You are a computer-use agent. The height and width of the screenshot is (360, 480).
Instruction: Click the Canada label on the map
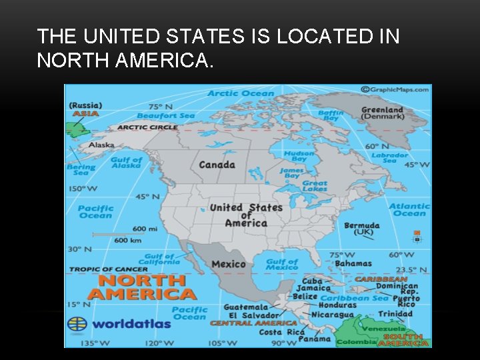point(217,165)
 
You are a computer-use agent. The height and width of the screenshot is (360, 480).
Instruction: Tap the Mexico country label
point(229,264)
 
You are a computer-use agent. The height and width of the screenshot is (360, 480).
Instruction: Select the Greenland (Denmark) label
point(383,113)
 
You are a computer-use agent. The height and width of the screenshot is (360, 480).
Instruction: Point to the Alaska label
point(101,145)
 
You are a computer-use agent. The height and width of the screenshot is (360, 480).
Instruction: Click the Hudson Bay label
point(299,156)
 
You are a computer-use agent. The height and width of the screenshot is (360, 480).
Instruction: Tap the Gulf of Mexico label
point(282,265)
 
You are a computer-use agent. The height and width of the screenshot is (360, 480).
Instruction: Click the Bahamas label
point(353,264)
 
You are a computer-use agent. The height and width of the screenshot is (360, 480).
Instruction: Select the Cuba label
point(312,280)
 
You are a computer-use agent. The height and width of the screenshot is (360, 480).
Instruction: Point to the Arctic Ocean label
point(241,93)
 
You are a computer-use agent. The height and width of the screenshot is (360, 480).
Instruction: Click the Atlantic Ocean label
point(409,210)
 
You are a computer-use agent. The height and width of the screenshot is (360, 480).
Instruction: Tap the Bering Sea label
point(81,170)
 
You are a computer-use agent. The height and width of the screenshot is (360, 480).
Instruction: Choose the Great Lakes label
point(315,187)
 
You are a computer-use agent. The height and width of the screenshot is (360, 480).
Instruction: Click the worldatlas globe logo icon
point(77,324)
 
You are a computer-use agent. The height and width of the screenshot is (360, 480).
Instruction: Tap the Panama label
point(314,339)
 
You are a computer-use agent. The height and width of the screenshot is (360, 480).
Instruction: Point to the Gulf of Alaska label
point(126,163)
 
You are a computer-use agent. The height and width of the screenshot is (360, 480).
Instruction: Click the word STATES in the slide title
point(206,37)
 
